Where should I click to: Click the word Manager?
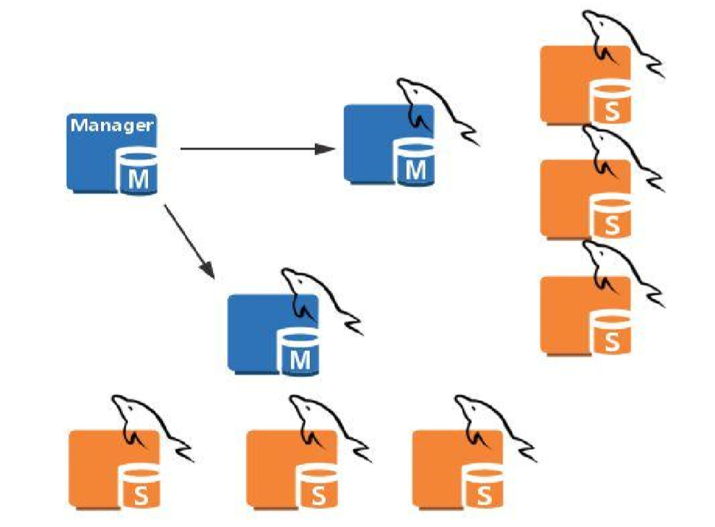(112, 125)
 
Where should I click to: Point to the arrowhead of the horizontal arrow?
(329, 149)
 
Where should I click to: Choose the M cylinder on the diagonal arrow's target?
(300, 352)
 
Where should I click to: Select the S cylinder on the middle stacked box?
(612, 217)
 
